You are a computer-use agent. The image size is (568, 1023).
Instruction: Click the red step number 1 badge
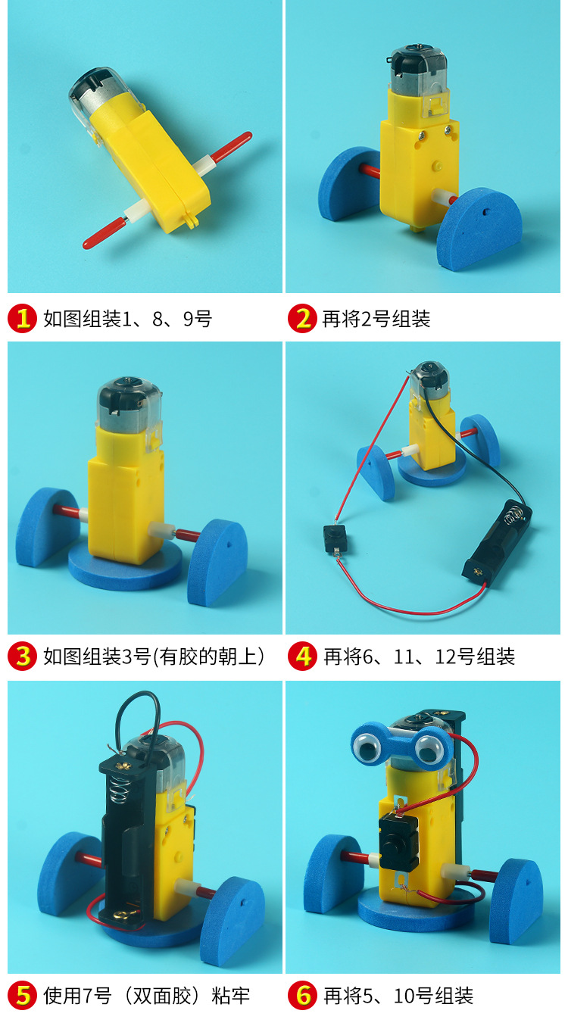[x=23, y=319]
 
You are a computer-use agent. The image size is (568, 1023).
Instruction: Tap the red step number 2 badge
[x=303, y=319]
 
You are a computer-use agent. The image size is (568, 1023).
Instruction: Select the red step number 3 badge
[x=23, y=656]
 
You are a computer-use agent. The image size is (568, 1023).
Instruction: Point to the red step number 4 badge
[x=303, y=656]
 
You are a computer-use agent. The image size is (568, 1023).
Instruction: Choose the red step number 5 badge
[x=23, y=995]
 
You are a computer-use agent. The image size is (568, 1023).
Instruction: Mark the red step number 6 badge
[x=303, y=995]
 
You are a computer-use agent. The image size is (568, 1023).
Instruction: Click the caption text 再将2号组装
[x=376, y=319]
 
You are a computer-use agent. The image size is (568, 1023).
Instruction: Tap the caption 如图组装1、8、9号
[x=127, y=319]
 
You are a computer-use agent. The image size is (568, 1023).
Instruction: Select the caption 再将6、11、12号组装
[x=419, y=656]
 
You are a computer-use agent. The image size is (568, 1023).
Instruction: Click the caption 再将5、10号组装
[x=398, y=995]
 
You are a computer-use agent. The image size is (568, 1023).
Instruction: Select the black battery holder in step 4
[x=498, y=545]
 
